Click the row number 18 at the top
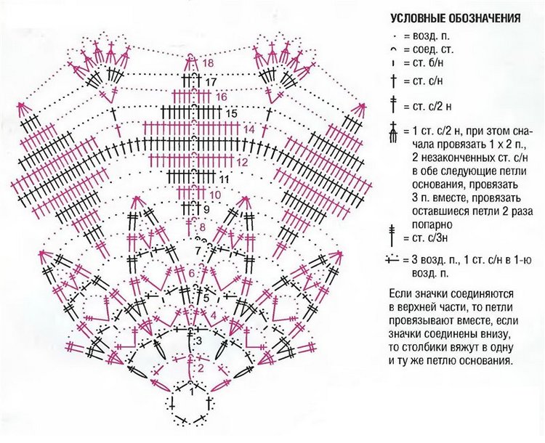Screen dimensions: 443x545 [x=209, y=64]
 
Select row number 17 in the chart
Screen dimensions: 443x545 [x=211, y=82]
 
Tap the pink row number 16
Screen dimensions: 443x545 [x=222, y=97]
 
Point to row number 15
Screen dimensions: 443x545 [x=232, y=114]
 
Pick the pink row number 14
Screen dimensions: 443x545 [x=249, y=129]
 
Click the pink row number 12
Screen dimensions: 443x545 [x=242, y=163]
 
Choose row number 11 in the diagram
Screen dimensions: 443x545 [x=224, y=179]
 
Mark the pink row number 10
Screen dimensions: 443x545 [x=215, y=195]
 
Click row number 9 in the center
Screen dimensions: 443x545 [x=206, y=210]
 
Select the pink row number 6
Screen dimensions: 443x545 [x=192, y=273]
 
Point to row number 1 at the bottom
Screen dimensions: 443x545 [x=191, y=391]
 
